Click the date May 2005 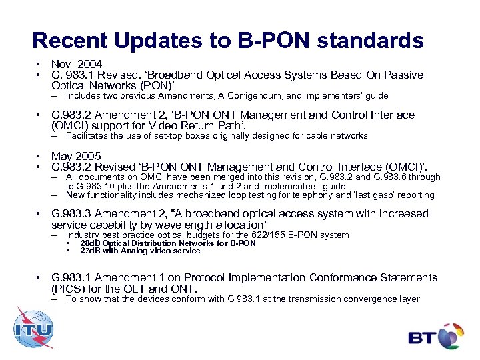pos(77,156)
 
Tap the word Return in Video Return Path pos(191,125)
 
